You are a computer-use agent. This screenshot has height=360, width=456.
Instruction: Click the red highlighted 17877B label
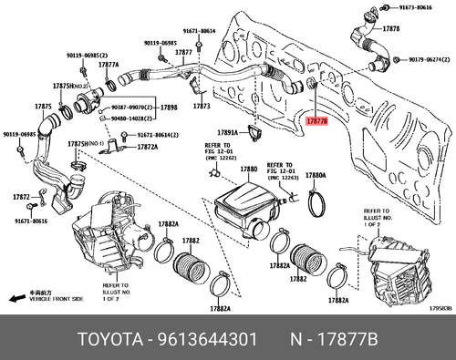pos(318,119)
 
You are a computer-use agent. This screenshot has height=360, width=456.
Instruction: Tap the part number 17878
pos(391,29)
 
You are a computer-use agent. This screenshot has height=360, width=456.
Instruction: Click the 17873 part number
pos(202,106)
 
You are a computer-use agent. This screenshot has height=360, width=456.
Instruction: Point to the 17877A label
pos(109,65)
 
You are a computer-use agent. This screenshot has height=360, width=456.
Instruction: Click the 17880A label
pos(316,175)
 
